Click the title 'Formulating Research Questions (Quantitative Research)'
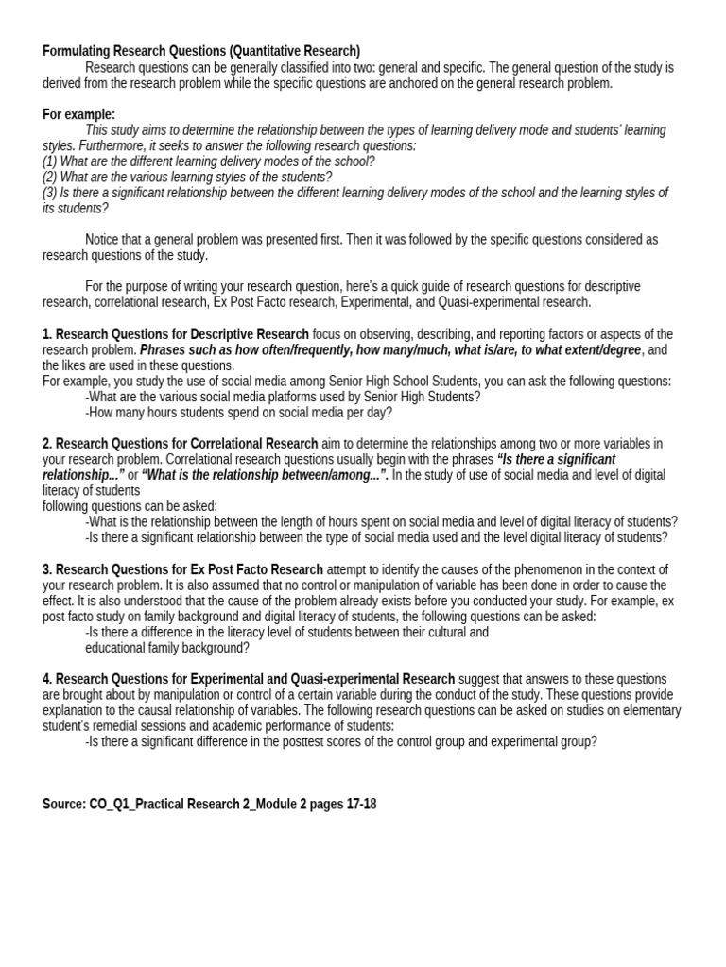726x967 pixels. point(201,51)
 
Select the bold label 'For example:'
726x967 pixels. point(78,114)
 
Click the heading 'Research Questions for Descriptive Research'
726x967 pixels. point(182,334)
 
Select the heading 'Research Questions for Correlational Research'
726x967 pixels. point(187,444)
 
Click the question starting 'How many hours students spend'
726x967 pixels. point(238,412)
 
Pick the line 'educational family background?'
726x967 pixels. point(167,648)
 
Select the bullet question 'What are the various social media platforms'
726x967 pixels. point(283,397)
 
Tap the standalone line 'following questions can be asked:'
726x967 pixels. point(130,506)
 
